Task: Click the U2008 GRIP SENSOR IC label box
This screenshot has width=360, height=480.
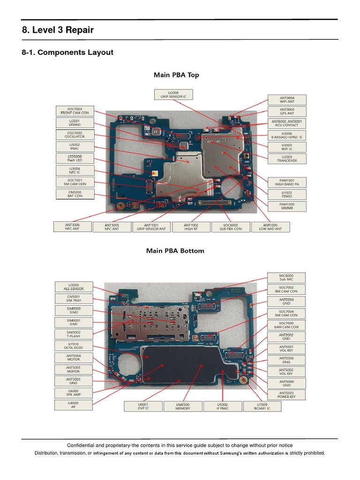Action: tap(173, 95)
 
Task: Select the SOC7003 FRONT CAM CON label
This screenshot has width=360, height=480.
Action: tap(75, 111)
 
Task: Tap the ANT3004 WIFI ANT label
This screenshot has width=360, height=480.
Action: tap(287, 100)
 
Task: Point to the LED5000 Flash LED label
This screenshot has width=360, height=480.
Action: tap(75, 158)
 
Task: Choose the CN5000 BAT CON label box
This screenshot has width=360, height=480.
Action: tap(75, 194)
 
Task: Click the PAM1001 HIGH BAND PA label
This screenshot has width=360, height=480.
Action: tap(287, 182)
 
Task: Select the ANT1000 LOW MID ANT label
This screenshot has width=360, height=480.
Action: tap(270, 227)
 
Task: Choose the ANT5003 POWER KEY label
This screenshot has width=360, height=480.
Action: tap(286, 395)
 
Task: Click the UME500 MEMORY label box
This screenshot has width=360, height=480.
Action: tap(183, 406)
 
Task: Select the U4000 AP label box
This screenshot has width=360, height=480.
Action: tap(74, 405)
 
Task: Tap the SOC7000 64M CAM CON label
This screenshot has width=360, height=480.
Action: tap(286, 325)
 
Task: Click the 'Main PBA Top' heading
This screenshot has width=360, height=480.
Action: tap(176, 75)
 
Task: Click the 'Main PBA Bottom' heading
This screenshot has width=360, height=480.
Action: tap(175, 251)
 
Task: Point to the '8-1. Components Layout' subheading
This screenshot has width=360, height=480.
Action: tap(67, 52)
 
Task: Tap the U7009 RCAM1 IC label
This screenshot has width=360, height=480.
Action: tap(262, 406)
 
